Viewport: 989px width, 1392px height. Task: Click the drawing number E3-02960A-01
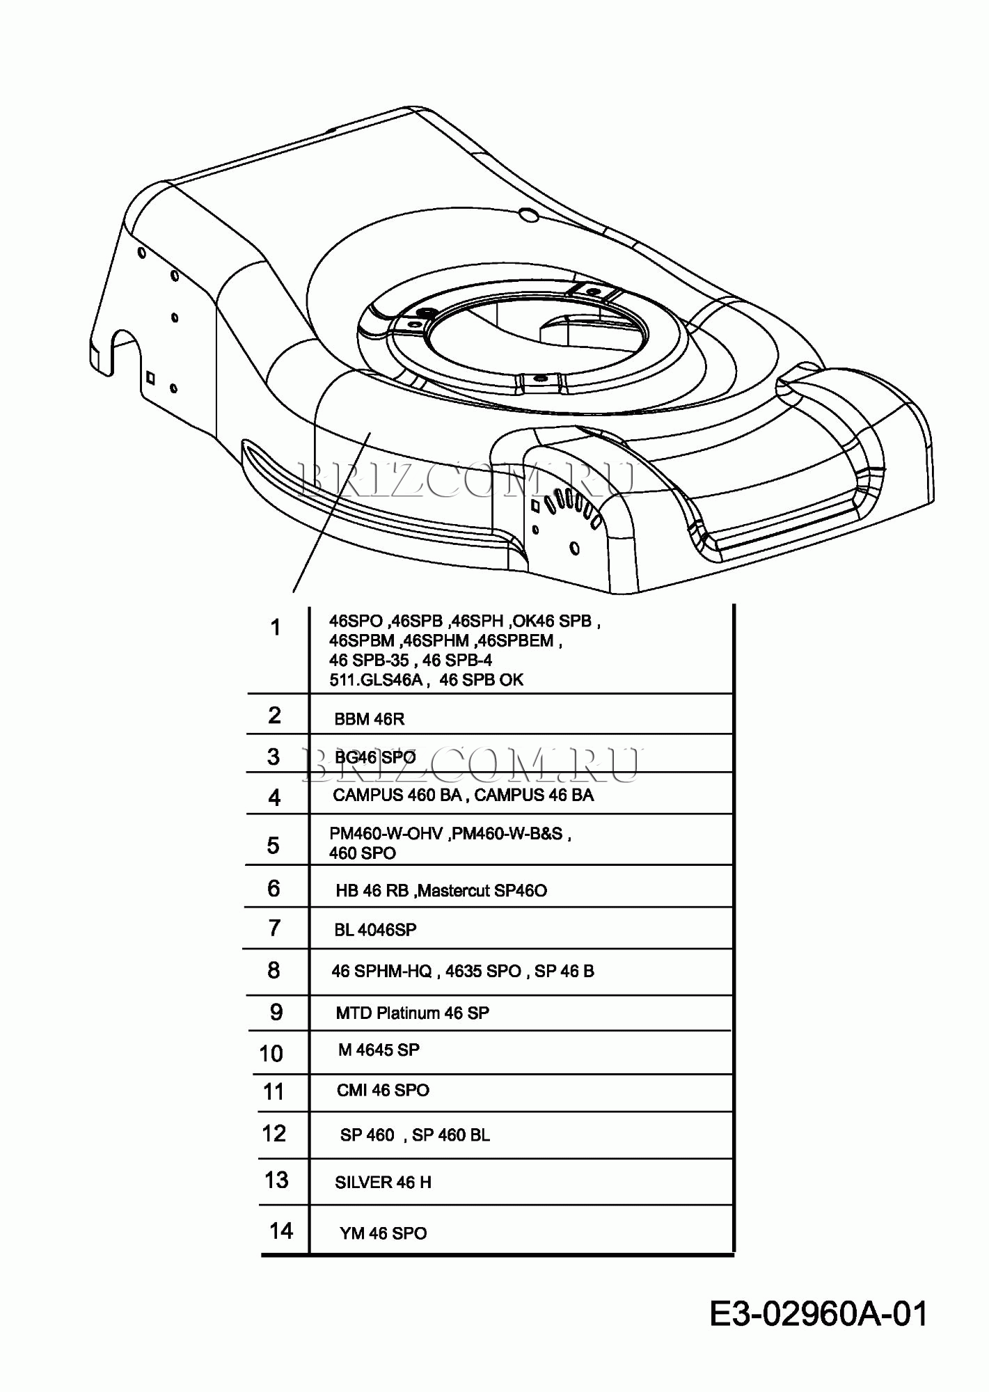tap(818, 1315)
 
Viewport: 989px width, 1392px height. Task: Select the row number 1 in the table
tap(276, 628)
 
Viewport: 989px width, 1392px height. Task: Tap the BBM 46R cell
tap(369, 719)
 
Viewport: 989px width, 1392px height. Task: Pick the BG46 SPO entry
tap(375, 757)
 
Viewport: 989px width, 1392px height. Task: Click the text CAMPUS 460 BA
tap(397, 796)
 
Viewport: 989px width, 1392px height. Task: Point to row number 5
tap(274, 846)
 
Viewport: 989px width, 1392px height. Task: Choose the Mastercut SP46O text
tap(482, 891)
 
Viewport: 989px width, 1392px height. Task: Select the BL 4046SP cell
tap(375, 930)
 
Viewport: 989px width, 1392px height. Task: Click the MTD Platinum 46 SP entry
tap(412, 1013)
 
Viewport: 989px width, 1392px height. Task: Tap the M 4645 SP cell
tap(379, 1050)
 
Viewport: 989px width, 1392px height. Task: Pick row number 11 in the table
tap(274, 1091)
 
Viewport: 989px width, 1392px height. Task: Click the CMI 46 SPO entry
tap(383, 1091)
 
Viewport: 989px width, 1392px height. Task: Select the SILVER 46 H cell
tap(383, 1183)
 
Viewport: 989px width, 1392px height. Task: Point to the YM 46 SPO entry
tap(383, 1233)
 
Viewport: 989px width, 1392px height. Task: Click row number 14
tap(281, 1231)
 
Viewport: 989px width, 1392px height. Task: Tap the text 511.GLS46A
tap(376, 680)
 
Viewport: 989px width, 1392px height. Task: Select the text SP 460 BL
tap(451, 1135)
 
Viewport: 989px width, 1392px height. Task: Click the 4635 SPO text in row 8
tap(483, 972)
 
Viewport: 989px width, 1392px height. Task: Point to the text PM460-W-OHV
tap(386, 834)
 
